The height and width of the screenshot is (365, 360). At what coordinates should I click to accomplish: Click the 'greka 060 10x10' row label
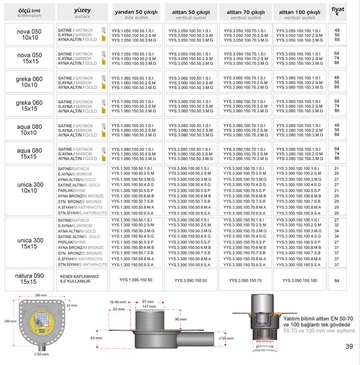(x=30, y=82)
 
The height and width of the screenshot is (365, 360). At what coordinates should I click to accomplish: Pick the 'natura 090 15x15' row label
(x=30, y=279)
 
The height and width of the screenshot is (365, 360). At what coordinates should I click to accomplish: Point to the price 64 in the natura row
(x=337, y=280)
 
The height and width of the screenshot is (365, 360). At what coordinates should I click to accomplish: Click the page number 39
(x=349, y=347)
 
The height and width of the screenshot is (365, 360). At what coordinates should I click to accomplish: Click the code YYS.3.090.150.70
(x=245, y=280)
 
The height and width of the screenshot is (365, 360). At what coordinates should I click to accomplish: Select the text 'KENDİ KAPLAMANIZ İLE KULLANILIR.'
(x=79, y=279)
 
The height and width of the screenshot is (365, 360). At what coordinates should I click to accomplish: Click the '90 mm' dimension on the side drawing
(x=181, y=320)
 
